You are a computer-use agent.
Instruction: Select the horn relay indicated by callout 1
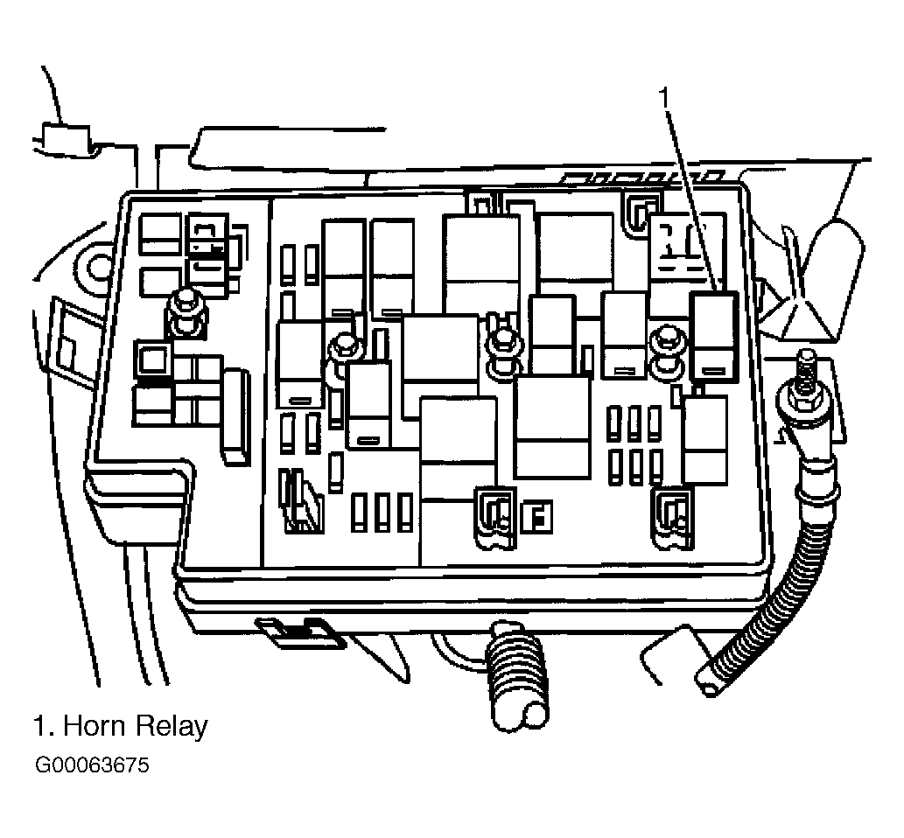pyautogui.click(x=714, y=336)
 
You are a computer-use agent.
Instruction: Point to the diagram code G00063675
pyautogui.click(x=92, y=765)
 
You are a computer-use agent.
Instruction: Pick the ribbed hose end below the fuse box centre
pyautogui.click(x=515, y=678)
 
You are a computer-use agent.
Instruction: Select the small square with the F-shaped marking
pyautogui.click(x=536, y=517)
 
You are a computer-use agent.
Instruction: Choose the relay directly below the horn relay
pyautogui.click(x=704, y=440)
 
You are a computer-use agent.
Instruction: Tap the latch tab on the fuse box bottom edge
pyautogui.click(x=300, y=632)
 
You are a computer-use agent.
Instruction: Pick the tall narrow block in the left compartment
pyautogui.click(x=236, y=417)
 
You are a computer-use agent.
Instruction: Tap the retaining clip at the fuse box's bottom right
pyautogui.click(x=673, y=517)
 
